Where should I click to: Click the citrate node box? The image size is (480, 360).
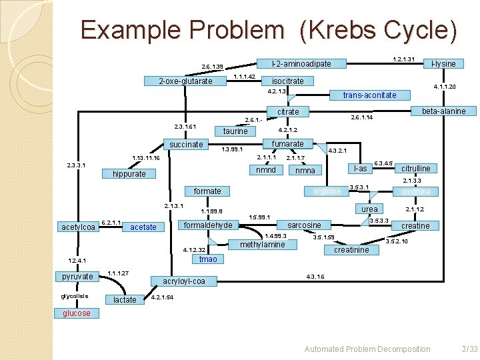[x=287, y=111]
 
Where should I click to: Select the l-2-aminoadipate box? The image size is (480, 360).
[x=301, y=64]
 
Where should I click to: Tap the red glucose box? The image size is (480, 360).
[x=77, y=313]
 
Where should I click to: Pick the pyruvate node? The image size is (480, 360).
[x=77, y=276]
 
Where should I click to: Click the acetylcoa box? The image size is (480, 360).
[x=79, y=227]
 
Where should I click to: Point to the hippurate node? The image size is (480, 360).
[x=129, y=174]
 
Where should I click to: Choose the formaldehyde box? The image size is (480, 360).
[x=207, y=225]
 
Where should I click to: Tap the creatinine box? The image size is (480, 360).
[x=351, y=250]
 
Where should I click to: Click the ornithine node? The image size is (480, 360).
[x=416, y=192]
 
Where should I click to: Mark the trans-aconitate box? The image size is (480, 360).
[x=369, y=95]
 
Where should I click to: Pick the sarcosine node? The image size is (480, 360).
[x=304, y=225]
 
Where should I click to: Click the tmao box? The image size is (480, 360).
[x=208, y=259]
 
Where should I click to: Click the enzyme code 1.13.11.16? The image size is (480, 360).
[x=146, y=158]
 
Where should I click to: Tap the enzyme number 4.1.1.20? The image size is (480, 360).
[x=444, y=87]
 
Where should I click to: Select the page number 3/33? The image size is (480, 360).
[x=469, y=349]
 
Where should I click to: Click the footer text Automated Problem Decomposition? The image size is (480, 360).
[x=367, y=349]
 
